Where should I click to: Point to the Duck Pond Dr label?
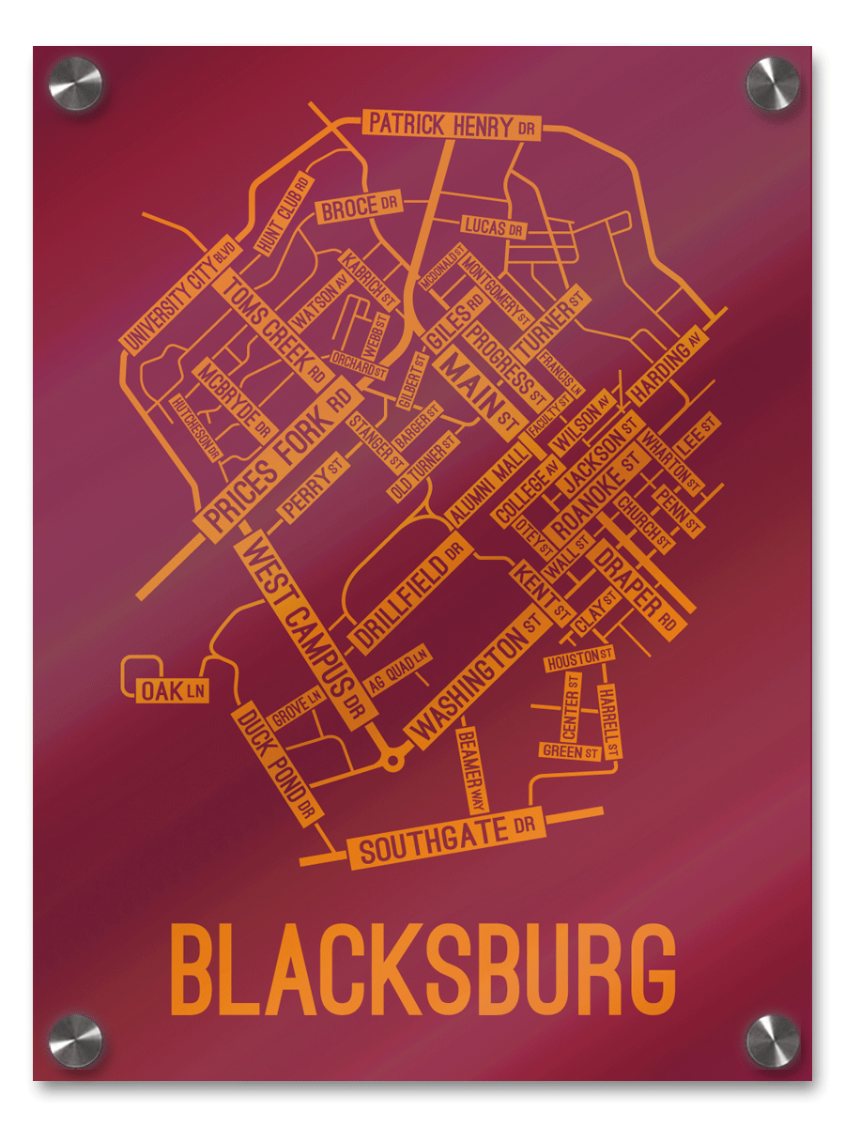click(x=277, y=763)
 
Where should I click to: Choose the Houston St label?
click(x=579, y=660)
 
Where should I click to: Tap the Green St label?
click(x=570, y=751)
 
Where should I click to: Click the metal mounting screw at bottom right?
click(x=772, y=1041)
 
